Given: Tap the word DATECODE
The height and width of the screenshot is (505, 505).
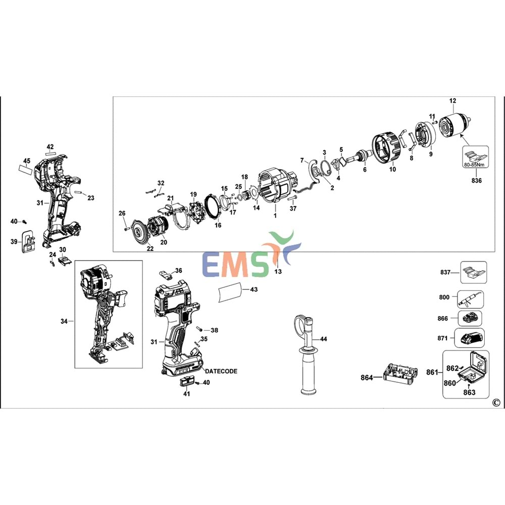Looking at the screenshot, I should pyautogui.click(x=221, y=371).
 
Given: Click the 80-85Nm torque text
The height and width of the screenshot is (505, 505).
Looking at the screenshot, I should pyautogui.click(x=475, y=164).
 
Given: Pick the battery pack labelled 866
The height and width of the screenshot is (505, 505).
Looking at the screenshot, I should pyautogui.click(x=470, y=319).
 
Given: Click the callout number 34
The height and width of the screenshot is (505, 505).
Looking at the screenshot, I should pyautogui.click(x=64, y=321).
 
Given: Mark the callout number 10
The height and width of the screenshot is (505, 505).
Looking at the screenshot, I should pyautogui.click(x=392, y=169).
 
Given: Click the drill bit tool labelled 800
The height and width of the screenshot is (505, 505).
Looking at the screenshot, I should pyautogui.click(x=471, y=299).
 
